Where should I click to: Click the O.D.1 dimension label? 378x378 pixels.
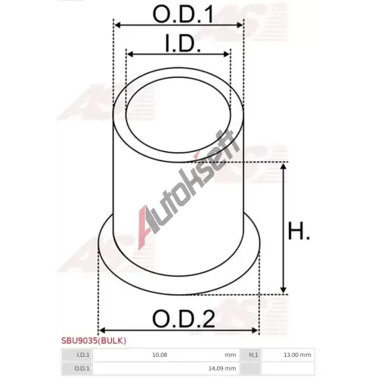tap(184, 14)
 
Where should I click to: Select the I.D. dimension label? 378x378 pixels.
tap(183, 43)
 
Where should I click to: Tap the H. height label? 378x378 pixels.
tap(299, 231)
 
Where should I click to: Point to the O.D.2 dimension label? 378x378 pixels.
tap(184, 318)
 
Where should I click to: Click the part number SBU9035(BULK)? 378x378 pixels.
tap(94, 341)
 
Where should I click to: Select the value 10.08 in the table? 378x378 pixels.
tap(160, 355)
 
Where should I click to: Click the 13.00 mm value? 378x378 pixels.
tap(297, 355)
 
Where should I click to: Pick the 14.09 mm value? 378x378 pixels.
tap(222, 368)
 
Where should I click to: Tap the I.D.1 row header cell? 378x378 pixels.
tap(77, 355)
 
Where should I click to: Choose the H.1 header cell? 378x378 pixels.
tap(250, 355)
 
